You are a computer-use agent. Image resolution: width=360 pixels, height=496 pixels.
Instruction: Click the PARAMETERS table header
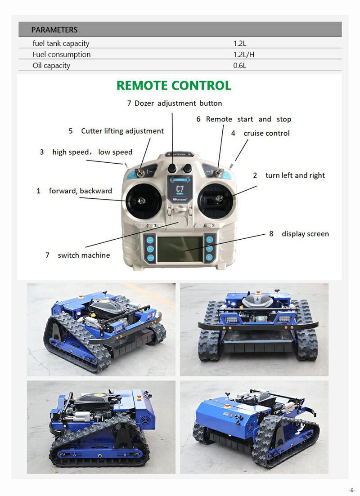click(x=54, y=30)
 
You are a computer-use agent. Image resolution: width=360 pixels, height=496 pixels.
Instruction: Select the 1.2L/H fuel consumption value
click(x=244, y=54)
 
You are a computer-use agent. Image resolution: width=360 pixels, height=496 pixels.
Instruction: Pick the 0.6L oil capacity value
click(x=240, y=66)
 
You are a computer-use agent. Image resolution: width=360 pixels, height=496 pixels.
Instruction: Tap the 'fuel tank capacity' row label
click(x=61, y=43)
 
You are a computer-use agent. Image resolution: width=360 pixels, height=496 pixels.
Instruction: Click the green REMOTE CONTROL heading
click(x=174, y=85)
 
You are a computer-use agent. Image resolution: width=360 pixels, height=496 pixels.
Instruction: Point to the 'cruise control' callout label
click(x=266, y=133)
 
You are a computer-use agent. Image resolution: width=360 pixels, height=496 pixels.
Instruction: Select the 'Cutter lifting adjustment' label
click(x=122, y=131)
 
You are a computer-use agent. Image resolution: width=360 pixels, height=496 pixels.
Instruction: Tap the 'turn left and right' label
click(x=295, y=175)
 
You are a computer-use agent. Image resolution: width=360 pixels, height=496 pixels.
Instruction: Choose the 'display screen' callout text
click(x=305, y=234)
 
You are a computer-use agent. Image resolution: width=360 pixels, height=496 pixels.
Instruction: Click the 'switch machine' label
click(x=84, y=255)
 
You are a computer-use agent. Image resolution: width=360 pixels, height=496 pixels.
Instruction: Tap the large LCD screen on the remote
click(x=180, y=249)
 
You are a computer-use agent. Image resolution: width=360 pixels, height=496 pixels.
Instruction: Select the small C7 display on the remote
click(x=180, y=189)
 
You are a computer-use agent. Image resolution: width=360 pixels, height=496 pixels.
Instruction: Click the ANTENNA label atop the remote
click(x=179, y=154)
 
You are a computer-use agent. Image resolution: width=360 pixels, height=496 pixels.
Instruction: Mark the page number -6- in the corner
click(x=352, y=490)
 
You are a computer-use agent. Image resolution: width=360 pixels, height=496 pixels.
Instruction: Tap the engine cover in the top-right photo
click(x=257, y=300)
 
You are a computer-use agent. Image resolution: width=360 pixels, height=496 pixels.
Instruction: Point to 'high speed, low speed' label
click(x=92, y=152)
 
